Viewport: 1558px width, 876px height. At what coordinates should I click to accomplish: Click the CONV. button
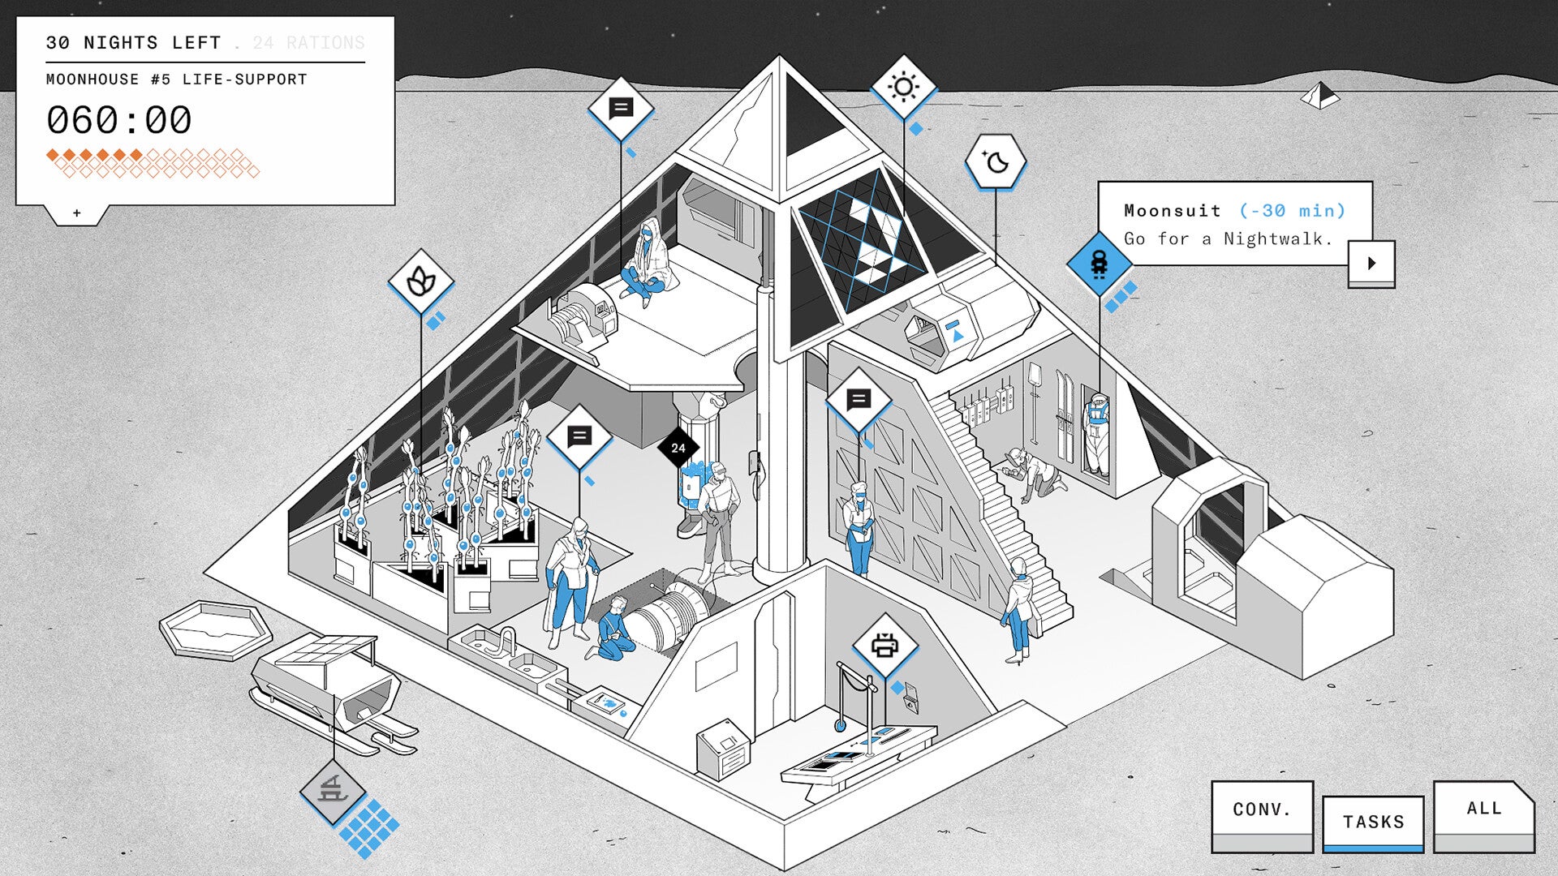1262,809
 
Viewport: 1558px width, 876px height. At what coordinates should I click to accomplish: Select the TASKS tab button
1373,822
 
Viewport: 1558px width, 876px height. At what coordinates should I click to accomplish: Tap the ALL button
1483,809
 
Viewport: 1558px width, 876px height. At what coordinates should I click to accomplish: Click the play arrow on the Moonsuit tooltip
1371,263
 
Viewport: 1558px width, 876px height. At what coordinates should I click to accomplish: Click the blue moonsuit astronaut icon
1099,264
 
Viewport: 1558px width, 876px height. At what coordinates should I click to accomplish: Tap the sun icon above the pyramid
903,87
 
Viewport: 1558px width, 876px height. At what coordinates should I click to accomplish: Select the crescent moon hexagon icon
996,162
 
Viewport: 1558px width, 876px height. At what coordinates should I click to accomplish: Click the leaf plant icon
420,281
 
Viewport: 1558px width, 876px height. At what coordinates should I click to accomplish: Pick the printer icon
884,646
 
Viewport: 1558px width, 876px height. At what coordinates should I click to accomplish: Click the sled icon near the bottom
333,789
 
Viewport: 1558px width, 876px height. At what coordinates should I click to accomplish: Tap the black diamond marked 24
678,448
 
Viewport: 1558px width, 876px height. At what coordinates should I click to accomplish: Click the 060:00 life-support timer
119,120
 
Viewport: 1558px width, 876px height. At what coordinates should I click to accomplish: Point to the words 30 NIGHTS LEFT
133,43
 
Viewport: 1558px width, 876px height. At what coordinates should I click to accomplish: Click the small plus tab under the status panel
77,213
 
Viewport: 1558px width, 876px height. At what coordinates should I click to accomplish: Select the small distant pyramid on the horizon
1320,97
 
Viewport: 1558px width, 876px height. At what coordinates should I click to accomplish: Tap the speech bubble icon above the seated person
621,108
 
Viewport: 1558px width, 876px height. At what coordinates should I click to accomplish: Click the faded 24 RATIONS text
308,43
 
